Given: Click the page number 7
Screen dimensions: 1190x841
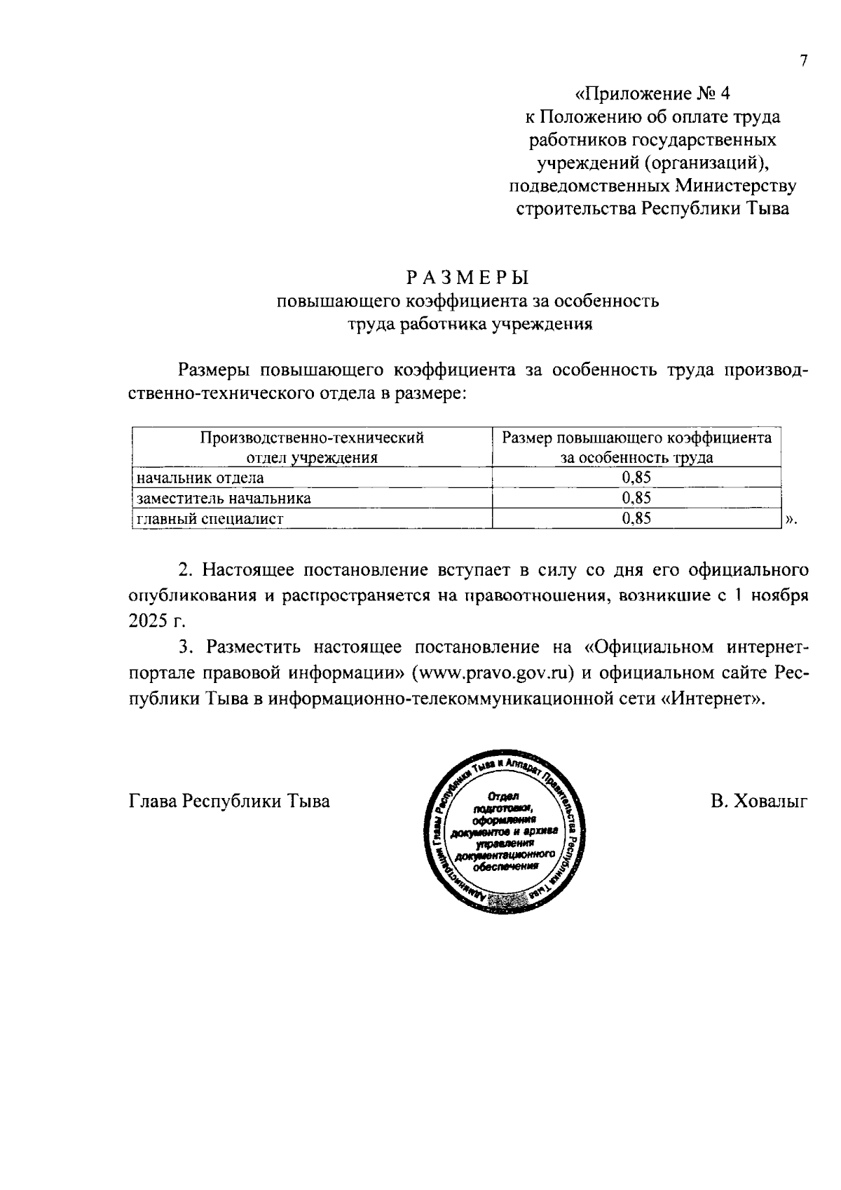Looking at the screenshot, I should [804, 60].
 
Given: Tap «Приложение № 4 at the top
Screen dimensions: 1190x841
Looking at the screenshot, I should [652, 93].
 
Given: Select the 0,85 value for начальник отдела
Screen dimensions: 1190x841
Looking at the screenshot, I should [636, 478].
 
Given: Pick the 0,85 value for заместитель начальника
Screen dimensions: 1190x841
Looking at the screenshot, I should [636, 499].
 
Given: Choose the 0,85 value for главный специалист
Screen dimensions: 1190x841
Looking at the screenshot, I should [636, 519].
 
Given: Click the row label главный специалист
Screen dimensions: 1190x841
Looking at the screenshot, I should [210, 519].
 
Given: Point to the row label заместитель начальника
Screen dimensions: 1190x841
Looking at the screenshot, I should [224, 499].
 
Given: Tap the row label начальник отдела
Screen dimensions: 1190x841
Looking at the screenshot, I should [200, 478].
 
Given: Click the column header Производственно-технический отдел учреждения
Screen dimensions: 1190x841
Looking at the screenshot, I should [312, 447].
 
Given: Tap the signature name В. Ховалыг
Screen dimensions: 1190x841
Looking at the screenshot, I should [758, 801].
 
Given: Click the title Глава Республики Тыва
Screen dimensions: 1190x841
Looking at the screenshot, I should [229, 801].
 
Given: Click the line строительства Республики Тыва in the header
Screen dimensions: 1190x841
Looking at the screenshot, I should [652, 209].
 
